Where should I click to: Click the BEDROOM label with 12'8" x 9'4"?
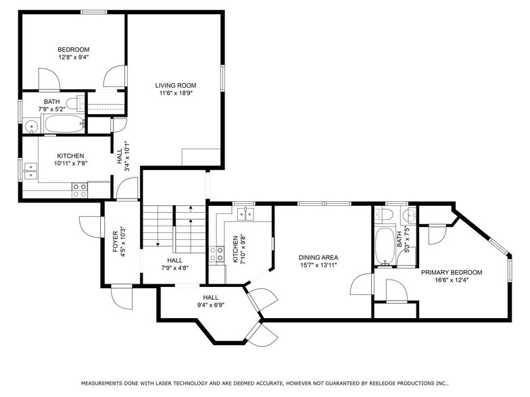73,49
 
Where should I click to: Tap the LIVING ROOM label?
175,85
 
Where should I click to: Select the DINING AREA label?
318,257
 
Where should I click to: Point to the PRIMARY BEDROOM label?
451,272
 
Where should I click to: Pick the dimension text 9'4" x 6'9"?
210,305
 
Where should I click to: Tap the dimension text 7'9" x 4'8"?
174,268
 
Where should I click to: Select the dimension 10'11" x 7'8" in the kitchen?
71,163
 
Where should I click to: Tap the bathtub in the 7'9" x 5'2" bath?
63,124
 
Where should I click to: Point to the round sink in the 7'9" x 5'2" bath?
31,126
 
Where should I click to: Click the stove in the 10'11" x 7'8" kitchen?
79,190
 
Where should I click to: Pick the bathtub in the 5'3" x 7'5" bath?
383,246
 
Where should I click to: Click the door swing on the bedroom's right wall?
118,75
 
